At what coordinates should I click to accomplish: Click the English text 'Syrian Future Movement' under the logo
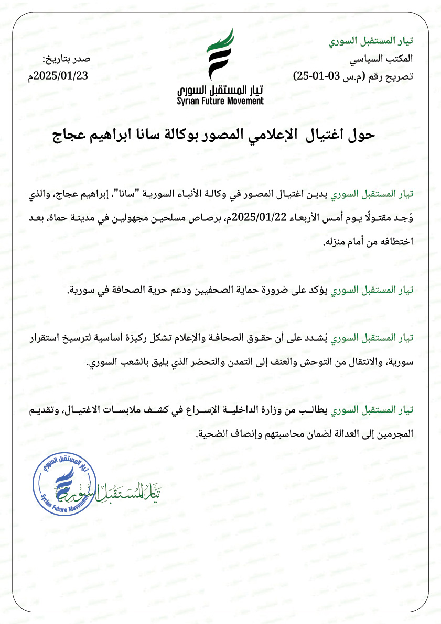(220, 101)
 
